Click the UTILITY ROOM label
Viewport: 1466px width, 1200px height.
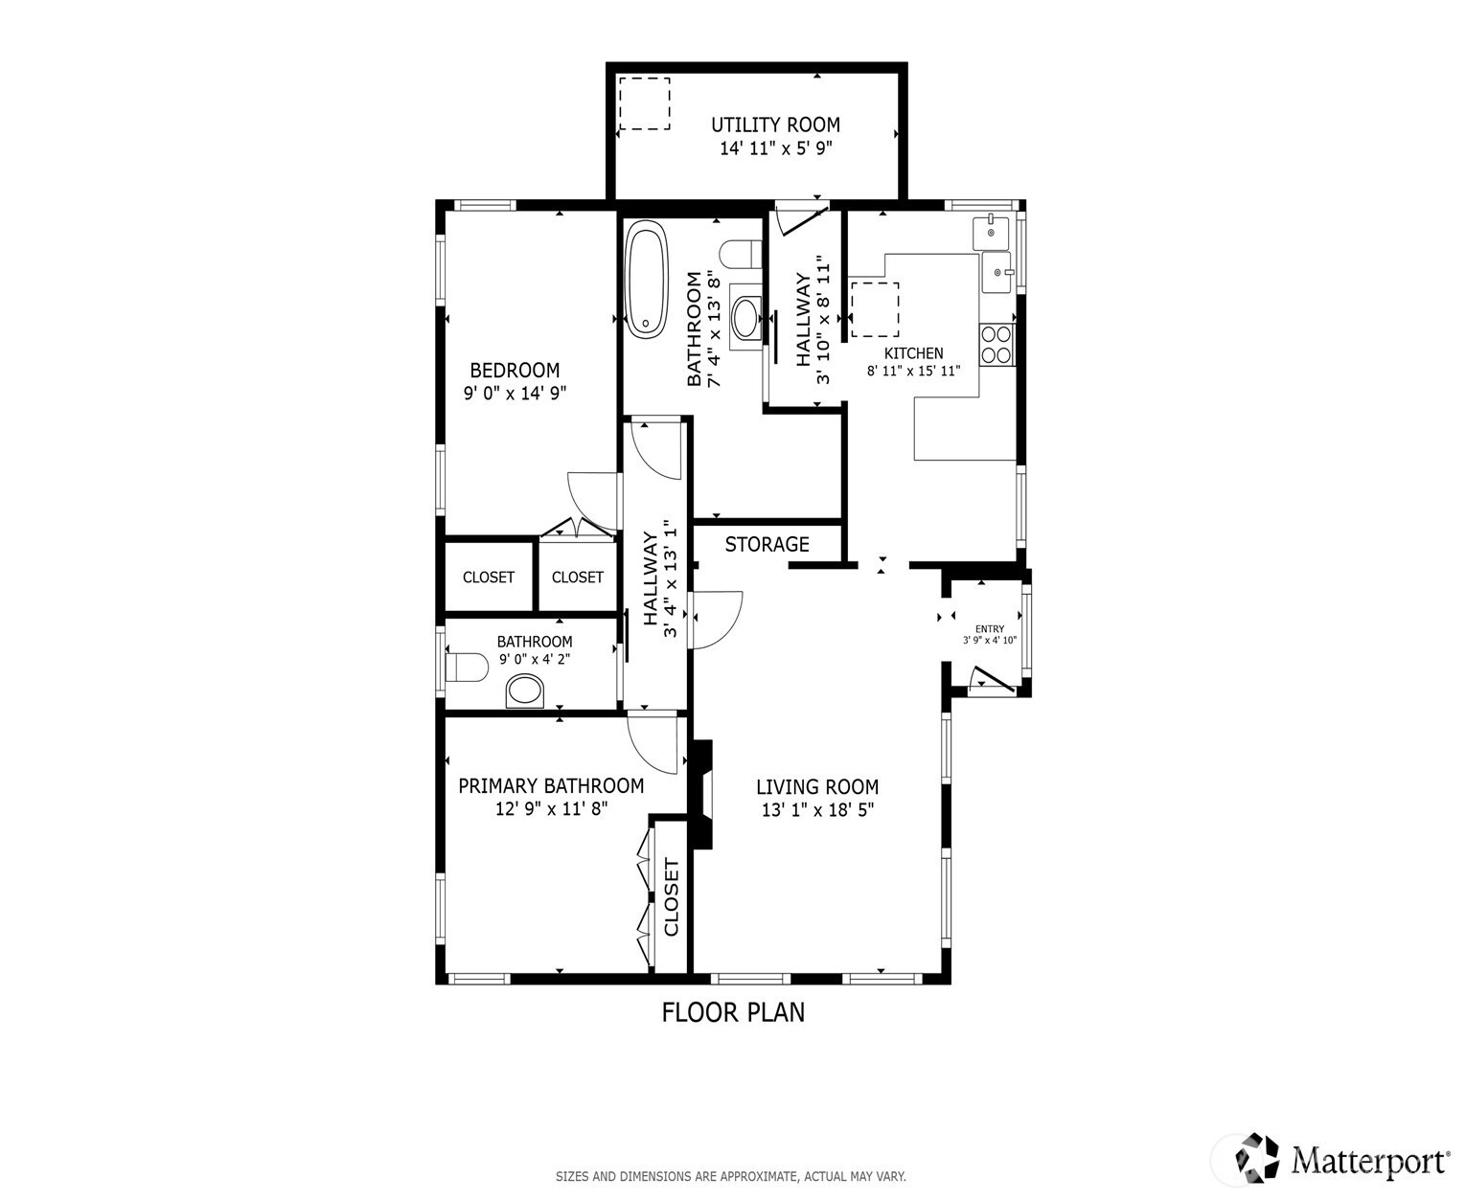[x=775, y=125]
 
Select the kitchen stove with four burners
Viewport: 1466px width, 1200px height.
[x=997, y=345]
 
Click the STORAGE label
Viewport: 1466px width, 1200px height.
[x=767, y=544]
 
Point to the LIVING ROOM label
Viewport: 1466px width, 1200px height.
[x=817, y=787]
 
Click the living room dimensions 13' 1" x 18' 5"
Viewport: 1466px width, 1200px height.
[x=817, y=810]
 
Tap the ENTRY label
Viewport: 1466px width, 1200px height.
[x=990, y=629]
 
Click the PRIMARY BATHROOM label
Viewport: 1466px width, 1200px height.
[x=551, y=786]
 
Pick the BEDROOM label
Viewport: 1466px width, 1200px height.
[x=515, y=371]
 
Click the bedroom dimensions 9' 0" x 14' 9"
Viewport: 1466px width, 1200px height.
[x=515, y=394]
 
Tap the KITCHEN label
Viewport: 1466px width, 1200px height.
[x=913, y=353]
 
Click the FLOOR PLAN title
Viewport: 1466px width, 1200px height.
[x=733, y=1012]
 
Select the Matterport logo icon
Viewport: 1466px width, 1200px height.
[x=1257, y=1157]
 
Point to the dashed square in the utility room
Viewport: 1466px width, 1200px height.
[x=645, y=102]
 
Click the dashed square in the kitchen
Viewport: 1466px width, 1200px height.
[x=875, y=309]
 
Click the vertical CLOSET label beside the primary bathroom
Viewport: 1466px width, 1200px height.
[x=671, y=897]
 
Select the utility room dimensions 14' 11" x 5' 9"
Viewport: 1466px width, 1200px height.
[x=776, y=148]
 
